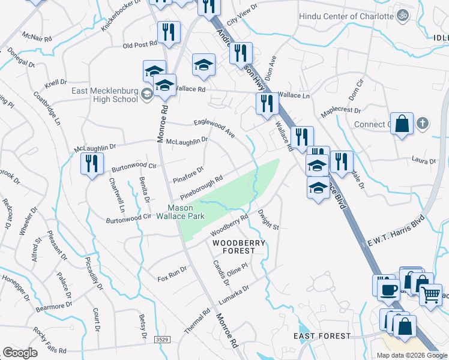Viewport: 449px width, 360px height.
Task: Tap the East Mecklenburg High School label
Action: click(104, 95)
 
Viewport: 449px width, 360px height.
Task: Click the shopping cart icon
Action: click(430, 294)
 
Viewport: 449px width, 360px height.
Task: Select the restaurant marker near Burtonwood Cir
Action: click(92, 164)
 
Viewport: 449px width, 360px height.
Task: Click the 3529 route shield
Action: click(161, 340)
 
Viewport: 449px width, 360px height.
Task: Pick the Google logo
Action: click(20, 352)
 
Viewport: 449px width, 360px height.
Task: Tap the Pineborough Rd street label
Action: click(201, 187)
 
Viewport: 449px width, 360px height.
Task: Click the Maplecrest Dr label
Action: click(340, 111)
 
